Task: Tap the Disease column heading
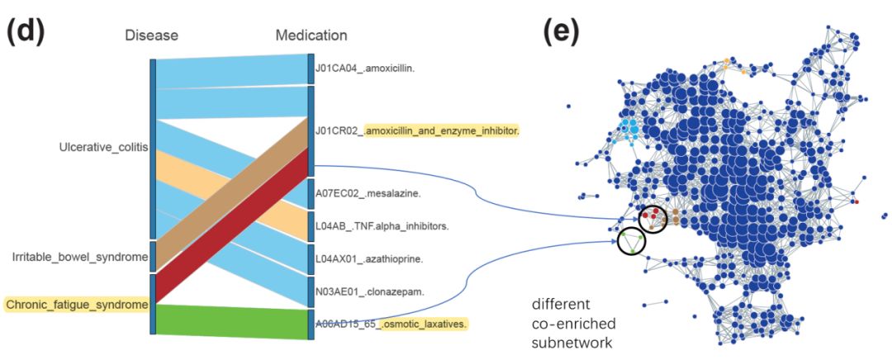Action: click(151, 36)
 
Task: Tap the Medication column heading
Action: click(311, 36)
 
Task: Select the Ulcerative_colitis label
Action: click(103, 148)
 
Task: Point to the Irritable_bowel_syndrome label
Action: click(80, 257)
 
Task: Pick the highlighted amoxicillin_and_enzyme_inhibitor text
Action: click(442, 130)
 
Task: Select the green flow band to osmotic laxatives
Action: click(231, 320)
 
